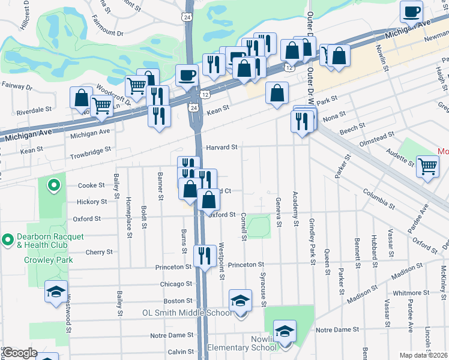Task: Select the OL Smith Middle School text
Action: coord(186,313)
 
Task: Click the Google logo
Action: coord(19,353)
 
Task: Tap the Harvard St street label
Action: coord(222,146)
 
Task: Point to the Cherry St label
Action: coord(100,253)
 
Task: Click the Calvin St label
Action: coord(180,352)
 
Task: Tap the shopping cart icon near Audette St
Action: coord(427,165)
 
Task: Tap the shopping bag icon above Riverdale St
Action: coord(81,97)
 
